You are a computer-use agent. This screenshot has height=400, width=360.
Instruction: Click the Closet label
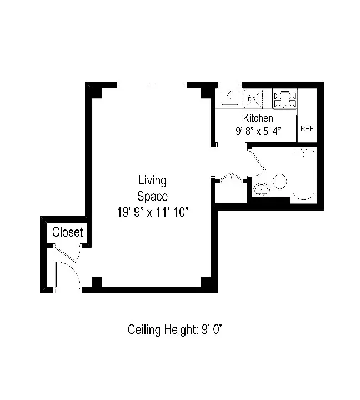coord(67,232)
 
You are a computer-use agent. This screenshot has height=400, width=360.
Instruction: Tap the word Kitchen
coord(258,118)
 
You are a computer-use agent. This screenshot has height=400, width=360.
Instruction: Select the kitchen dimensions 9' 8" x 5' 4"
coord(258,132)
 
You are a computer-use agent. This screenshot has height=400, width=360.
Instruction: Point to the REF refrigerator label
coord(307,128)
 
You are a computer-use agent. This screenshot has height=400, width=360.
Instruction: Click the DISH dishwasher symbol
coord(253,99)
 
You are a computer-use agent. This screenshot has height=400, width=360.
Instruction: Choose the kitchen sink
coord(229,99)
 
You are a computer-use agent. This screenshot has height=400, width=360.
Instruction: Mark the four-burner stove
coord(284,99)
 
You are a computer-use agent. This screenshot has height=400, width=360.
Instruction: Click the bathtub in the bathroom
coord(303,174)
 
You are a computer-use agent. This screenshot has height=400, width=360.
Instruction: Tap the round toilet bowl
coord(279,181)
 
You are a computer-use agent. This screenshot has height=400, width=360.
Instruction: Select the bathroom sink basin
coord(261,191)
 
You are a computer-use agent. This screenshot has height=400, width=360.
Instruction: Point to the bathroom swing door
coord(259,162)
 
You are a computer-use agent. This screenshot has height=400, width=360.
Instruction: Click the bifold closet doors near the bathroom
coord(229,177)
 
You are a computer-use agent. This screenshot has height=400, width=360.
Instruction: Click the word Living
coord(152,181)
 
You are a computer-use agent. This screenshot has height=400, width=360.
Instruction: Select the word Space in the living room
coord(152,196)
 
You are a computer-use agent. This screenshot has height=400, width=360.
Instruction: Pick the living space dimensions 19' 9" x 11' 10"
coord(152,212)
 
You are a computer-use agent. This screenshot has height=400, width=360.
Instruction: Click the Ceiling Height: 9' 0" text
coord(175,329)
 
